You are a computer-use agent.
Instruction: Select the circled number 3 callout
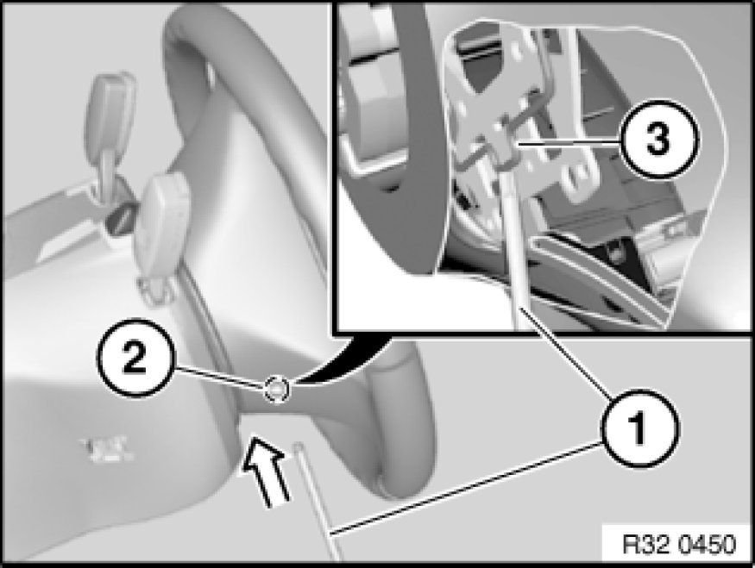[x=658, y=140]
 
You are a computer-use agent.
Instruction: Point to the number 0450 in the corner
[x=707, y=545]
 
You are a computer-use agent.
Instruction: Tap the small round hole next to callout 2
[x=276, y=390]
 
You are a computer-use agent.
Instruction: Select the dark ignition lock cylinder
[x=121, y=217]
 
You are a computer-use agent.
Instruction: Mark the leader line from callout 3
[x=566, y=143]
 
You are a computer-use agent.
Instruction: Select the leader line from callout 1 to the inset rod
[x=567, y=355]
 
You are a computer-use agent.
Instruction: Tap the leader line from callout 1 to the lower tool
[x=465, y=488]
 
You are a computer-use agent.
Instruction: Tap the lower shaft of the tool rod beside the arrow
[x=318, y=502]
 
